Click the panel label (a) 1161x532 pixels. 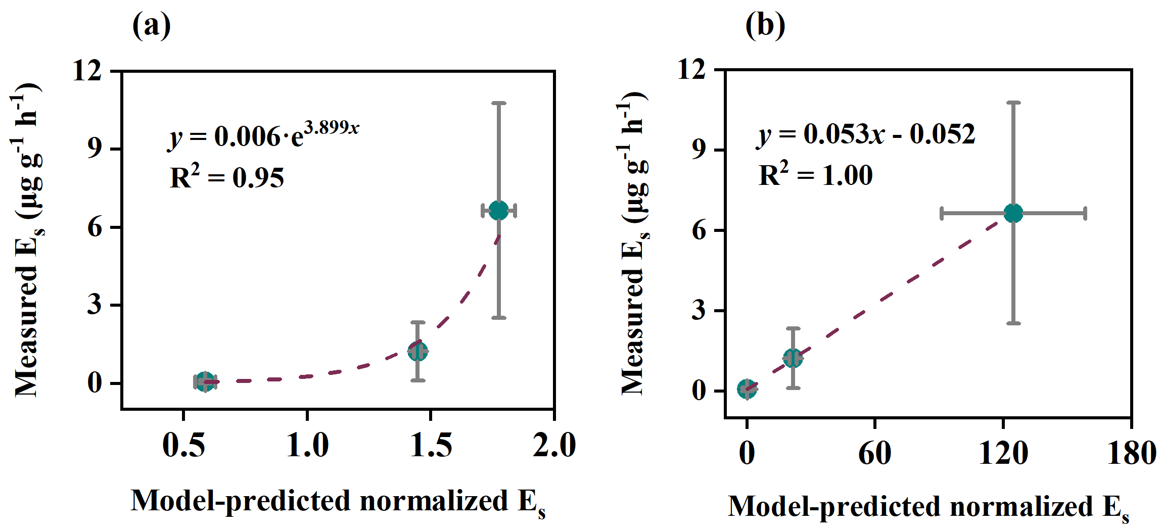pyautogui.click(x=151, y=25)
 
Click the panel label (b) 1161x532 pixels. pyautogui.click(x=765, y=25)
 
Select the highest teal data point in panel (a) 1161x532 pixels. pyautogui.click(x=499, y=210)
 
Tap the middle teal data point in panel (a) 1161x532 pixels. pyautogui.click(x=418, y=351)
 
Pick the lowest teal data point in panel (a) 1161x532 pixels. pyautogui.click(x=205, y=381)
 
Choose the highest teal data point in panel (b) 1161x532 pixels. pyautogui.click(x=1013, y=213)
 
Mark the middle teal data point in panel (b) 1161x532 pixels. pyautogui.click(x=793, y=358)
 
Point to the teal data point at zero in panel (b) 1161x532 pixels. pyautogui.click(x=747, y=389)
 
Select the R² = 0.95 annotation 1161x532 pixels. pyautogui.click(x=227, y=177)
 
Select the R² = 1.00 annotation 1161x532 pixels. pyautogui.click(x=816, y=175)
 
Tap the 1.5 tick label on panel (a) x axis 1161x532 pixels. pyautogui.click(x=431, y=446)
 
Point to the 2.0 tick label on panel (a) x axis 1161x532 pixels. pyautogui.click(x=554, y=446)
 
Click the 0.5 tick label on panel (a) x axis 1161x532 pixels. pyautogui.click(x=183, y=446)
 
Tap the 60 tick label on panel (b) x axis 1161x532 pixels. pyautogui.click(x=875, y=453)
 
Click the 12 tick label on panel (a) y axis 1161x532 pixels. pyautogui.click(x=87, y=70)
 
